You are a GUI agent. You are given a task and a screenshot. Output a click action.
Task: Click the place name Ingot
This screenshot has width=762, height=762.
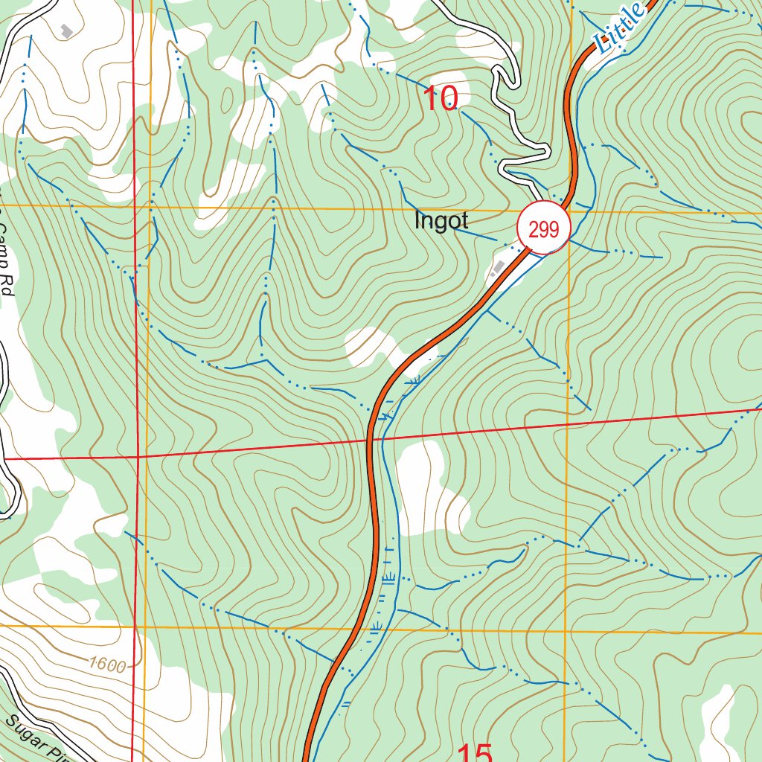(441, 221)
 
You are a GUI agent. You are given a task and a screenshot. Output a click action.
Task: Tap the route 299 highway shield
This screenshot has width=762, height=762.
(544, 228)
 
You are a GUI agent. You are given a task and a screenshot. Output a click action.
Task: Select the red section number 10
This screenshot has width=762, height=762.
(441, 98)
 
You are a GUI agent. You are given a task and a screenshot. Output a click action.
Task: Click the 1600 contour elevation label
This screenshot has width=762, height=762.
(106, 665)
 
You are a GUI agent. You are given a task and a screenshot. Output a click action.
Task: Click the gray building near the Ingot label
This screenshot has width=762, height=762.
(497, 268)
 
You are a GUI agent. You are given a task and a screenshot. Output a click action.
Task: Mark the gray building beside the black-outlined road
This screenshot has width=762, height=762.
(67, 31)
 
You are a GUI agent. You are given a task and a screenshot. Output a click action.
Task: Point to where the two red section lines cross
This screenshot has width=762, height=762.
(138, 456)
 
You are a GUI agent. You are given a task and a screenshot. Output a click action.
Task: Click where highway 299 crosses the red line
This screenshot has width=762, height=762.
(370, 440)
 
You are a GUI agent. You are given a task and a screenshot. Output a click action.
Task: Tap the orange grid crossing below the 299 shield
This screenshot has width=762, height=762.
(568, 211)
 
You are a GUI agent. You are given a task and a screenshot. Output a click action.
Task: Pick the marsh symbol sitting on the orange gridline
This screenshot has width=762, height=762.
(374, 629)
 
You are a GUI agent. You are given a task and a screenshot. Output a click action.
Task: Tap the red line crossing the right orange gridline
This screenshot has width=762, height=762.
(567, 424)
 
